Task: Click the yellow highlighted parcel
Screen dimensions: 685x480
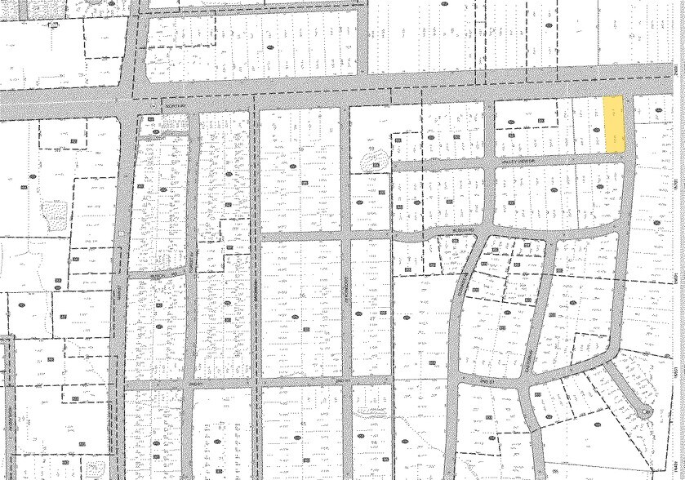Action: click(x=613, y=124)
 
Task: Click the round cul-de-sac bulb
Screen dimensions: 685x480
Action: click(x=645, y=410)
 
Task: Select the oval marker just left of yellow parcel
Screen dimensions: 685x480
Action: click(x=595, y=122)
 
